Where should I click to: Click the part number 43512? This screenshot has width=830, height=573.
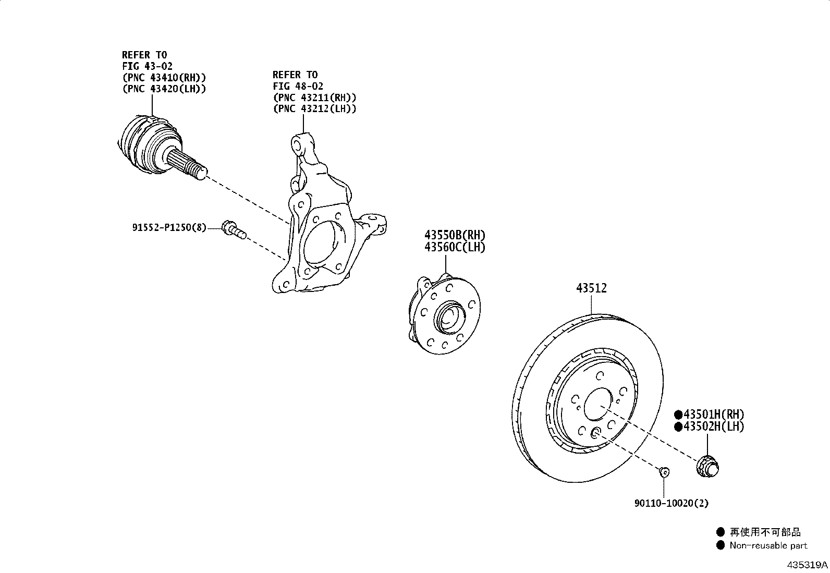coord(591,288)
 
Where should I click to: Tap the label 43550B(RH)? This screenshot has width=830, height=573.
coord(455,235)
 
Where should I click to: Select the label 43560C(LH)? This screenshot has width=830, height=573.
coord(455,247)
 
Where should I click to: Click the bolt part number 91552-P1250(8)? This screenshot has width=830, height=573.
coord(169,227)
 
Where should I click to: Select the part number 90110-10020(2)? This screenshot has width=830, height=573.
coord(672,503)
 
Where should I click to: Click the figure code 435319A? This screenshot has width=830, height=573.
coord(807,565)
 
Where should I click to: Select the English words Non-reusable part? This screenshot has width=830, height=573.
coord(768,546)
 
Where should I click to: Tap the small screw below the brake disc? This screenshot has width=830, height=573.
coord(664,472)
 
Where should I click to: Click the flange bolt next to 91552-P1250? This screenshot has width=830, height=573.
coord(233,230)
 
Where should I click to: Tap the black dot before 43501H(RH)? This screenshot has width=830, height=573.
coord(678,415)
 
